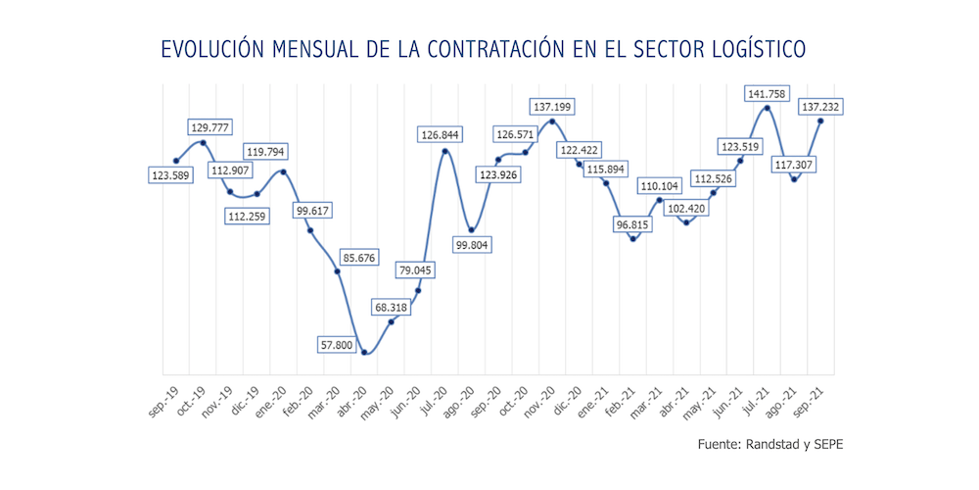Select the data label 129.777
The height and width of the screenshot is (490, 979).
pyautogui.click(x=213, y=126)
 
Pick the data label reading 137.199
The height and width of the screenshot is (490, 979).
pyautogui.click(x=553, y=105)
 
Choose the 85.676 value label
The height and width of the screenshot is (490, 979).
pyautogui.click(x=364, y=258)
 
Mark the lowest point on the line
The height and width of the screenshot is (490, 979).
pyautogui.click(x=364, y=353)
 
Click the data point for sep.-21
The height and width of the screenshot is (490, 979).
pyautogui.click(x=820, y=121)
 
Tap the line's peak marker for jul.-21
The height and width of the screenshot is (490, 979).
pyautogui.click(x=767, y=108)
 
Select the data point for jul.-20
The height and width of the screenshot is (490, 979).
pyautogui.click(x=445, y=151)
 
